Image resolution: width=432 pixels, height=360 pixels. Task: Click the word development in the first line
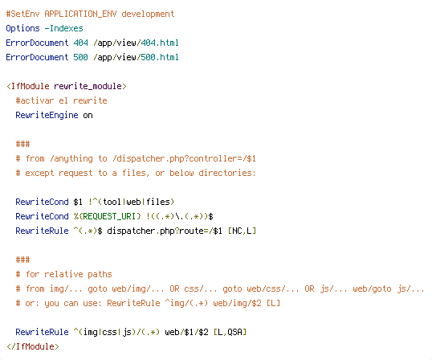point(148,14)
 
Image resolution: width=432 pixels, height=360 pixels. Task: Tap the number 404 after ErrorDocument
point(81,43)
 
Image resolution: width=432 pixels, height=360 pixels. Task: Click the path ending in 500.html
point(136,57)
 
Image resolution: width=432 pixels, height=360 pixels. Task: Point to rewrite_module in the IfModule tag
point(88,86)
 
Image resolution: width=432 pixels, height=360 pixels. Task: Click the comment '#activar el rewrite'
point(62,100)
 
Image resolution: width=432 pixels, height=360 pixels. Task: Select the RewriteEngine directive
point(47,115)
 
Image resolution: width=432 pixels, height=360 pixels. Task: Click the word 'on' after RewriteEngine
point(88,116)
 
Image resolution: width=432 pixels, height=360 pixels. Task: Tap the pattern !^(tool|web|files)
point(131,202)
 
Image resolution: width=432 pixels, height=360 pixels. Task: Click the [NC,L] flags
point(242,231)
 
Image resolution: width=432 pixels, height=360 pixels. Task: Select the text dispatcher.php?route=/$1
point(165,231)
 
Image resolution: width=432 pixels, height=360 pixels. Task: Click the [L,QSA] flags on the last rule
point(230,332)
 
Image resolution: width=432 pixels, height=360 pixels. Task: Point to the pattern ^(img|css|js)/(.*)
point(116,332)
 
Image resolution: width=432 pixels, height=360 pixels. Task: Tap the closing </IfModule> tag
point(33,346)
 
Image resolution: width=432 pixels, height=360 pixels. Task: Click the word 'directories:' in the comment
point(227,173)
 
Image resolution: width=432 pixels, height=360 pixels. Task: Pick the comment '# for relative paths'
point(63,274)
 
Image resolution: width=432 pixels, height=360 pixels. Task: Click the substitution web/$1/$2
point(186,332)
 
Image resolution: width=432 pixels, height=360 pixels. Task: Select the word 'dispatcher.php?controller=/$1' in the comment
point(184,159)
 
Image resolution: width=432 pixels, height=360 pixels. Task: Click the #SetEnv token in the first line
point(22,14)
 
